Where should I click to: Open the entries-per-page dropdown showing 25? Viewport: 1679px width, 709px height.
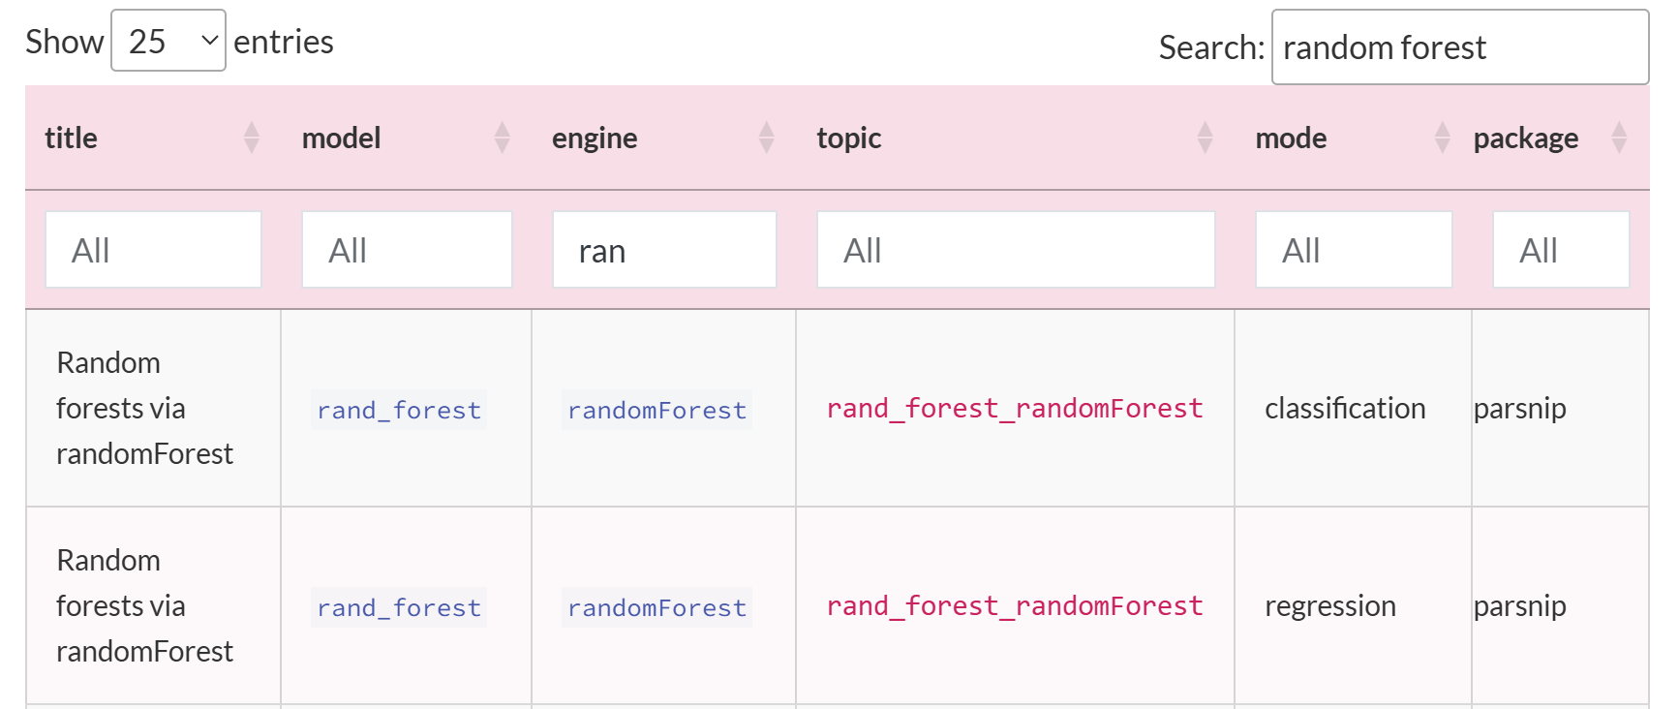coord(168,41)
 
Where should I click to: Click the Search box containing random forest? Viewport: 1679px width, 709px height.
coord(1459,47)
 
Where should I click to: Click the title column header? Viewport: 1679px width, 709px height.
coord(71,138)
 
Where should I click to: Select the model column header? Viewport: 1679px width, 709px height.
coord(341,138)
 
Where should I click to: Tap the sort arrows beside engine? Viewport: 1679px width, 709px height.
coord(767,138)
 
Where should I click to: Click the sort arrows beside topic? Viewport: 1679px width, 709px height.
coord(1205,138)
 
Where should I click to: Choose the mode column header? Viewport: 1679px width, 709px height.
coord(1291,138)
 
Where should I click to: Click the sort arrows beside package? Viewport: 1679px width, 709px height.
coord(1619,138)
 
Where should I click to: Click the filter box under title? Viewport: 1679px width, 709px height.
coord(153,250)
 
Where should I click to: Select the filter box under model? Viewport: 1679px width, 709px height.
coord(407,250)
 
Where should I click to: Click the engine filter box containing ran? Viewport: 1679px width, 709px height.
coord(664,250)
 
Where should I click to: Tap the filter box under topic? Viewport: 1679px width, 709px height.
coord(1016,250)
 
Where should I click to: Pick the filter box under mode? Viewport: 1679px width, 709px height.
coord(1354,250)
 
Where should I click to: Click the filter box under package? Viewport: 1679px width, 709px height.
coord(1561,250)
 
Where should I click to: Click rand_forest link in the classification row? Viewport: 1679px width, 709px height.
coord(399,410)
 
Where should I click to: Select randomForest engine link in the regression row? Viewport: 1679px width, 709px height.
coord(656,607)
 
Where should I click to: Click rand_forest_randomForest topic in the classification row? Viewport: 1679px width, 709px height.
coord(1015,409)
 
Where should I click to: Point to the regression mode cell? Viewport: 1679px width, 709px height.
coord(1330,606)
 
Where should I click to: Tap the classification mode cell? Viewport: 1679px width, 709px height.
coord(1345,409)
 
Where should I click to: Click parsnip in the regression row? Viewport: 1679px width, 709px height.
coord(1519,606)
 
